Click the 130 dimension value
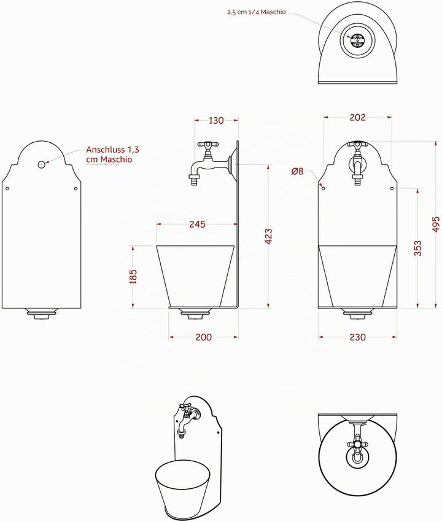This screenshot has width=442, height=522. pos(216,120)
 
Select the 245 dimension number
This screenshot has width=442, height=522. pos(197,224)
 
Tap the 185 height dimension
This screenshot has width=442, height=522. pos(133,277)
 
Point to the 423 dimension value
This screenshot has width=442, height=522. pos(268,237)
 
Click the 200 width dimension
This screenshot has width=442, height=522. pos(204,337)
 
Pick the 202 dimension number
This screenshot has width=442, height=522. pos(357,117)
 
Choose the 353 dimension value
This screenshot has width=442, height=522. pos(417,248)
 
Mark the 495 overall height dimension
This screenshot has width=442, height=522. pos(436,224)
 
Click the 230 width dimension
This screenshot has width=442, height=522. pos(357,337)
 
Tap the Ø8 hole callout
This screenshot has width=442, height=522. pos(298,172)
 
